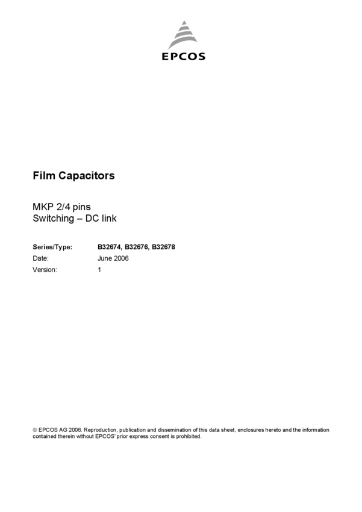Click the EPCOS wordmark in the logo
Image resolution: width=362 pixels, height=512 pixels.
[184, 57]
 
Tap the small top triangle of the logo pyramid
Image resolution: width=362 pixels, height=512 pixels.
[183, 25]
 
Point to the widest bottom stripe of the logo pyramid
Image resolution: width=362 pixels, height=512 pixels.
[183, 46]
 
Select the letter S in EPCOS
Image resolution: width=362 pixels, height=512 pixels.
[201, 57]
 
